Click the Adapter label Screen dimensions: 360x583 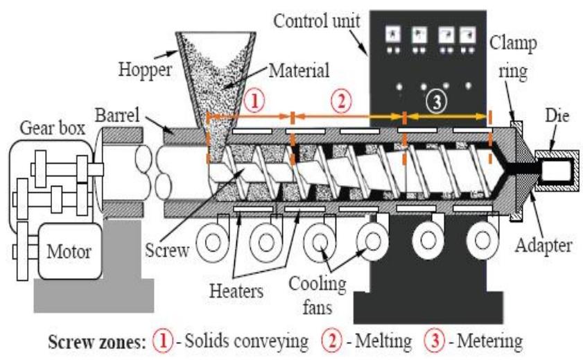(544, 244)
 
